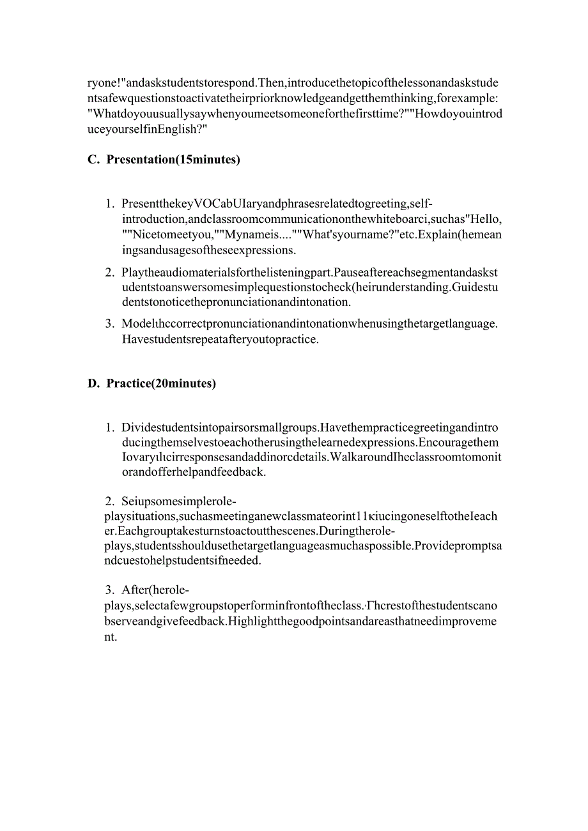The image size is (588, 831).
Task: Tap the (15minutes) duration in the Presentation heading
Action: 208,160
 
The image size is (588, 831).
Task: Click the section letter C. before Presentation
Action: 93,160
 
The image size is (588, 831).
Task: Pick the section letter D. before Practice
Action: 94,383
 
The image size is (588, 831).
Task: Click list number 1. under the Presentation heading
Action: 110,204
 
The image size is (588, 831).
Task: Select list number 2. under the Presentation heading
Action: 110,272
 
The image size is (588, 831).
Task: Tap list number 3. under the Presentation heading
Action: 110,323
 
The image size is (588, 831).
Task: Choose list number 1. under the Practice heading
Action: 110,427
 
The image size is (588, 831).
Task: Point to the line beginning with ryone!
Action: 293,83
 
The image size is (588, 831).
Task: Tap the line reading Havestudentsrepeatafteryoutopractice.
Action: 220,339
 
